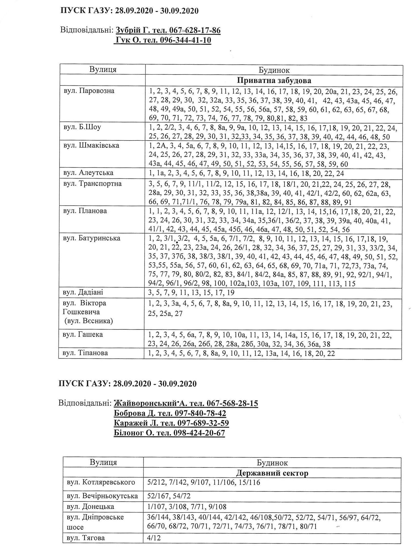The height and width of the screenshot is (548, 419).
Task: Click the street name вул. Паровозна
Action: [89, 91]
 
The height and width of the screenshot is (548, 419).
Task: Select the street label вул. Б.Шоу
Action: [82, 127]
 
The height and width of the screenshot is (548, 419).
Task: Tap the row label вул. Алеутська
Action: [88, 173]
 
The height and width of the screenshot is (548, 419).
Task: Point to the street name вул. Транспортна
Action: [92, 184]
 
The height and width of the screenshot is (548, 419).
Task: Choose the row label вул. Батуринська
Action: [92, 238]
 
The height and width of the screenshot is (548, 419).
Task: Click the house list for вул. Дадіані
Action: [191, 292]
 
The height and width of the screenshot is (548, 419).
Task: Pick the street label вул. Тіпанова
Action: [85, 353]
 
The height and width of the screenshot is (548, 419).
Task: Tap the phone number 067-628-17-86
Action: [195, 30]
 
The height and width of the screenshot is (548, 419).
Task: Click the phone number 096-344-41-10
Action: [185, 40]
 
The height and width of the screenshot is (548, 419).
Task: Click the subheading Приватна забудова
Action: [274, 81]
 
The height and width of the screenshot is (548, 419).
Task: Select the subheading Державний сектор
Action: [272, 473]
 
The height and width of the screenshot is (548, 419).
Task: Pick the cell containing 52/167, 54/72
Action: [169, 496]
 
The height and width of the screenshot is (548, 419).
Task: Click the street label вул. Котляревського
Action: [101, 483]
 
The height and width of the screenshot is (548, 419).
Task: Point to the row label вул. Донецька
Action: [90, 507]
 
